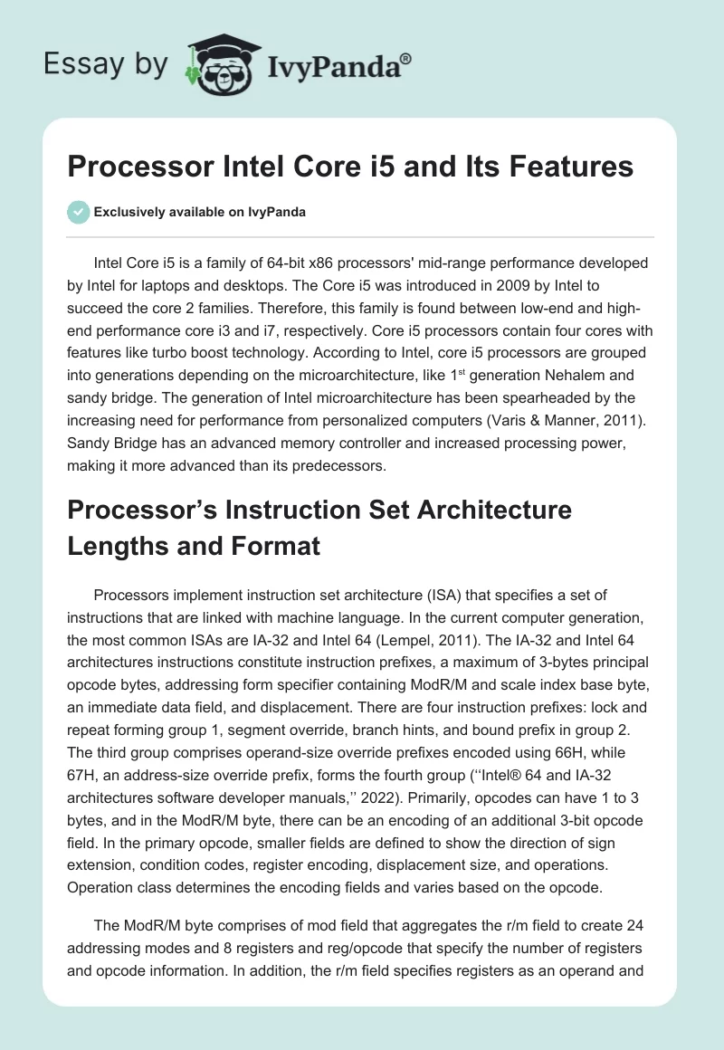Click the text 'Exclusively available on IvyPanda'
point(200,212)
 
